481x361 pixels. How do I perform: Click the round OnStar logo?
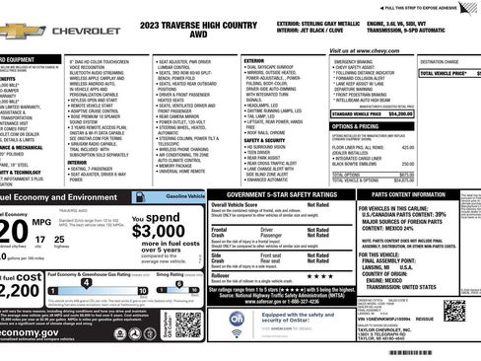[x=242, y=318]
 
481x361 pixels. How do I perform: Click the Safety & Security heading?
[x=266, y=140]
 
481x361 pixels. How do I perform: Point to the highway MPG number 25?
[x=60, y=241]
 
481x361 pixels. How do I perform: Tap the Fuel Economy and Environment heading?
[x=59, y=198]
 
